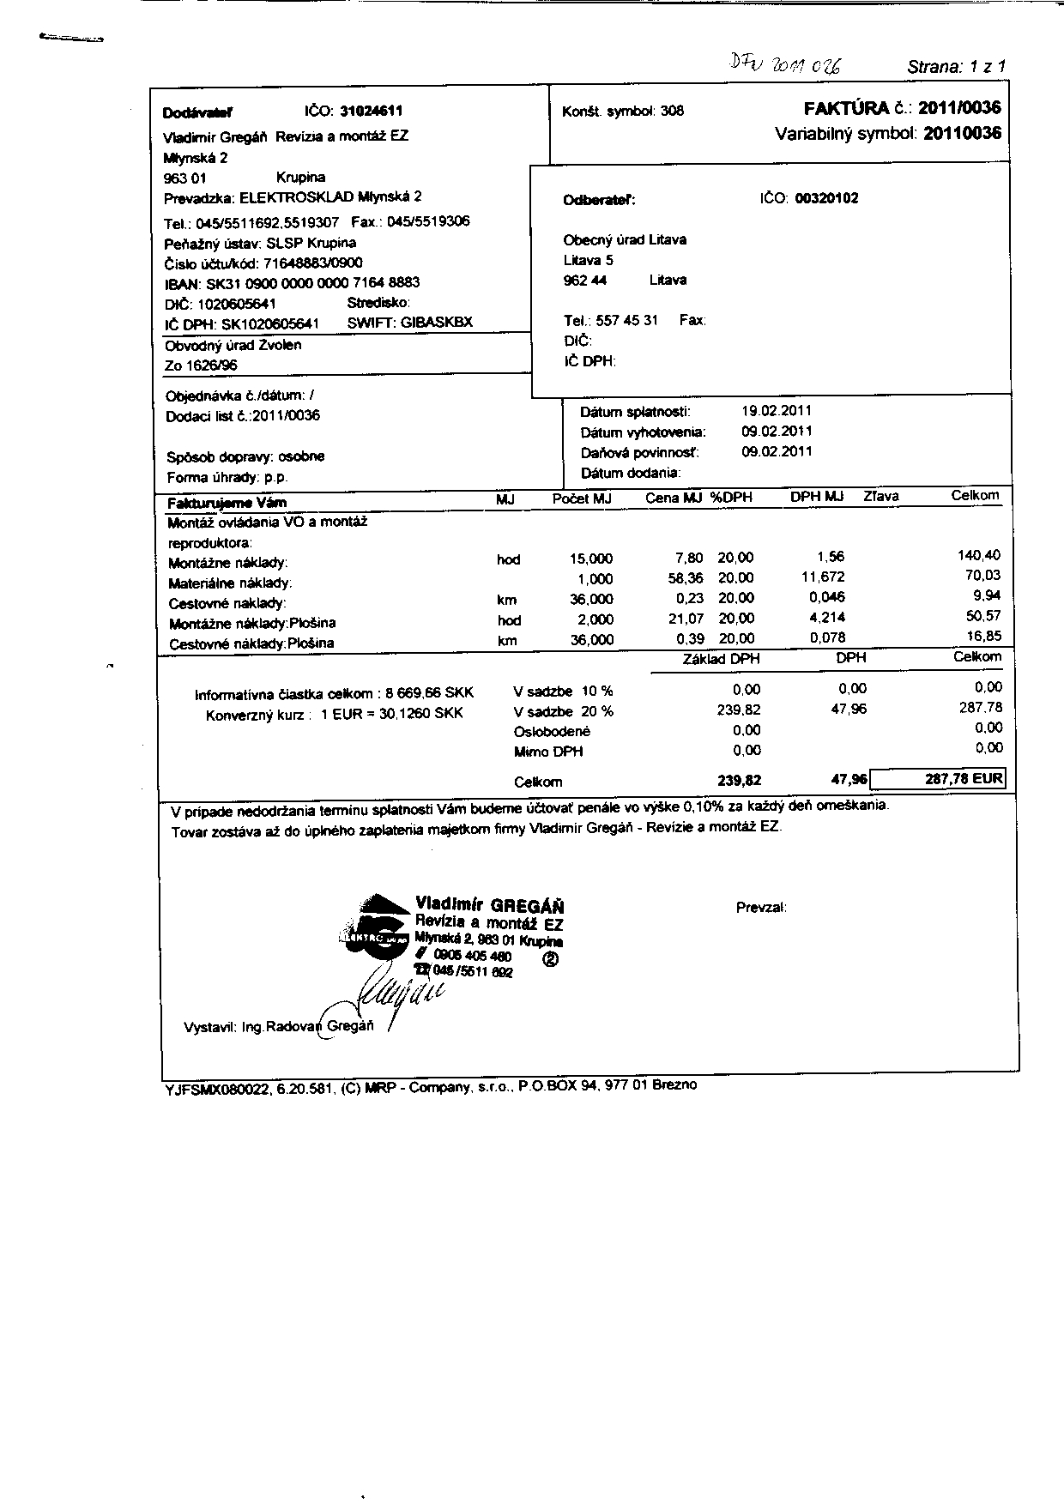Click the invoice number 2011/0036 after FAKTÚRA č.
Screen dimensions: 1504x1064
pyautogui.click(x=958, y=108)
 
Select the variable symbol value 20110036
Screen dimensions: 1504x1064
pyautogui.click(x=962, y=134)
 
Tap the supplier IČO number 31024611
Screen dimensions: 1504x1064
pyautogui.click(x=372, y=111)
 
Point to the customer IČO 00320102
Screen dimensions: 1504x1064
pyautogui.click(x=826, y=198)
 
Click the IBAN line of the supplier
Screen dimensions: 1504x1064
pyautogui.click(x=292, y=283)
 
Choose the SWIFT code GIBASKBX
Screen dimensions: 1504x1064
pyautogui.click(x=436, y=323)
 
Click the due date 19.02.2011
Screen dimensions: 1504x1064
pyautogui.click(x=777, y=411)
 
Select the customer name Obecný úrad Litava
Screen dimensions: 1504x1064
pyautogui.click(x=625, y=240)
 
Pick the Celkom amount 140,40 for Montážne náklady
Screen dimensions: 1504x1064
pyautogui.click(x=978, y=556)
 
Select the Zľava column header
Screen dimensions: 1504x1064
pyautogui.click(x=880, y=496)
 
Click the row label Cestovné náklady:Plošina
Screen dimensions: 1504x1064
pyautogui.click(x=251, y=643)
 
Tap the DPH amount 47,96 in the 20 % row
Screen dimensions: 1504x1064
pyautogui.click(x=849, y=710)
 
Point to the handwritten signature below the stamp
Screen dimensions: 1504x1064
pyautogui.click(x=399, y=994)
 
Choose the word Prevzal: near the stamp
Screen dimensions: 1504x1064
pyautogui.click(x=761, y=908)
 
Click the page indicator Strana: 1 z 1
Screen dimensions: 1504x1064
pyautogui.click(x=956, y=67)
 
